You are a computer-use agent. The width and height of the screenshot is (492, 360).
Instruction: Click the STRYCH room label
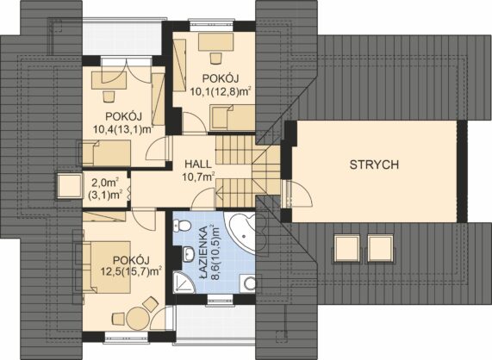pyautogui.click(x=374, y=164)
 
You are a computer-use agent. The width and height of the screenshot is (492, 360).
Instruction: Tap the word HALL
pyautogui.click(x=198, y=164)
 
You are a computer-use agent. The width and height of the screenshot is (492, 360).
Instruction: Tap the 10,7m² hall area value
pyautogui.click(x=199, y=177)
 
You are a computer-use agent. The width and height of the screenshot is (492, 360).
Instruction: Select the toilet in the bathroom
pyautogui.click(x=182, y=225)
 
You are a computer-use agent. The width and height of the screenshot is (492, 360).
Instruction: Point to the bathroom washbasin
pyautogui.click(x=189, y=253)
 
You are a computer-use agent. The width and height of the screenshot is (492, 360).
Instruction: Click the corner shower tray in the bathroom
pyautogui.click(x=183, y=282)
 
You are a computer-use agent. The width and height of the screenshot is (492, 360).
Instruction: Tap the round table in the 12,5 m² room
pyautogui.click(x=137, y=318)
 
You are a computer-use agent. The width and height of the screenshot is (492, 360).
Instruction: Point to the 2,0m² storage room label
pyautogui.click(x=105, y=189)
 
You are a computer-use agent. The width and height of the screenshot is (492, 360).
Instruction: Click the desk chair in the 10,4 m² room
pyautogui.click(x=108, y=96)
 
